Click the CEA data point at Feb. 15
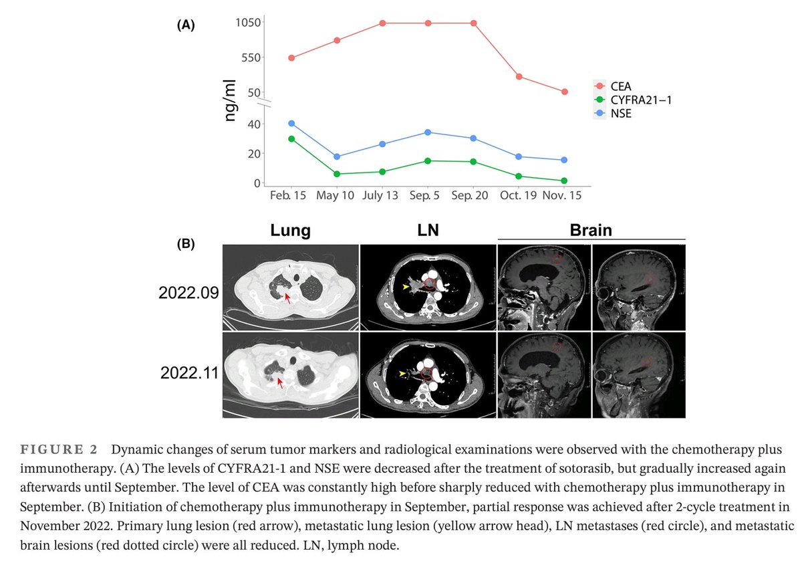[x=291, y=58]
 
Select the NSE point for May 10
[x=337, y=156]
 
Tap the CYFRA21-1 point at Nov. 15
[x=564, y=181]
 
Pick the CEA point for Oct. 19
[x=519, y=76]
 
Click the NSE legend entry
[x=621, y=114]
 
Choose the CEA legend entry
[x=621, y=86]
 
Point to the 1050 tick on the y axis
[x=248, y=23]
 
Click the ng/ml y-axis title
[x=231, y=101]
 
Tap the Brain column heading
[x=591, y=230]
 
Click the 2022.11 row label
[x=187, y=372]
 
